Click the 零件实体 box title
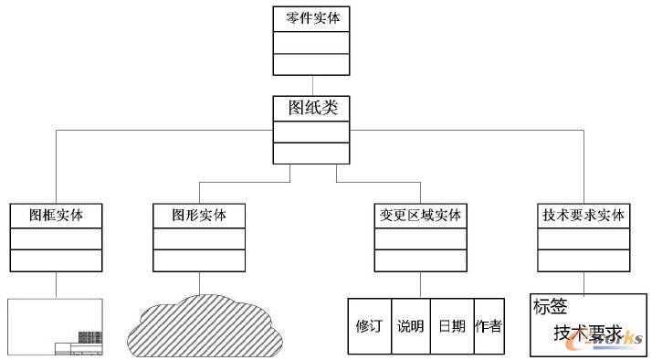311,18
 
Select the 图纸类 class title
311,108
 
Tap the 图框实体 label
56,216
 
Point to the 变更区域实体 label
420,216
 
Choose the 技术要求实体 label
584,216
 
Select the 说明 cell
410,325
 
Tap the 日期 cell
451,325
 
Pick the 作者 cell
489,325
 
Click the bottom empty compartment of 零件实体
311,64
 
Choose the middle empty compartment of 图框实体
56,238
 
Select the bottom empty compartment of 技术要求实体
584,259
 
